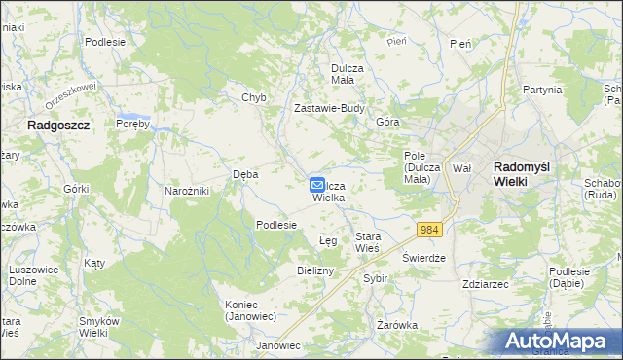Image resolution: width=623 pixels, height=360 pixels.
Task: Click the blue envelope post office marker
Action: click(317, 184)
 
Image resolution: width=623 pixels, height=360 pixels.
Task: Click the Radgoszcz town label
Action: click(58, 126)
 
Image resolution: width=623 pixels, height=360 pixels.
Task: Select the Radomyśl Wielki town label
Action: click(522, 173)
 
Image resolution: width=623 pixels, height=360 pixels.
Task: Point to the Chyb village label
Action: click(253, 98)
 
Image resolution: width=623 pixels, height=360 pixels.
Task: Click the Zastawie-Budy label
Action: click(329, 109)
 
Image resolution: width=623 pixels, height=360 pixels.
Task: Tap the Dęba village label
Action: click(245, 175)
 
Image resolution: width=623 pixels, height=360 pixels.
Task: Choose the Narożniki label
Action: click(187, 191)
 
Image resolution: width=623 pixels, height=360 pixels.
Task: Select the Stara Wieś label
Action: click(367, 242)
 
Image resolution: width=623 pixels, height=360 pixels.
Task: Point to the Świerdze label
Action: click(423, 259)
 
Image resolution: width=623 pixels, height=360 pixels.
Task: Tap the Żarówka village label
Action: click(397, 325)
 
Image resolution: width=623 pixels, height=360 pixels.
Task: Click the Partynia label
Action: click(542, 90)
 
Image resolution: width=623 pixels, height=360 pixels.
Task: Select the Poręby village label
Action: click(131, 125)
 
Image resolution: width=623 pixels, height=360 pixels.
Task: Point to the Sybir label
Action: click(375, 278)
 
